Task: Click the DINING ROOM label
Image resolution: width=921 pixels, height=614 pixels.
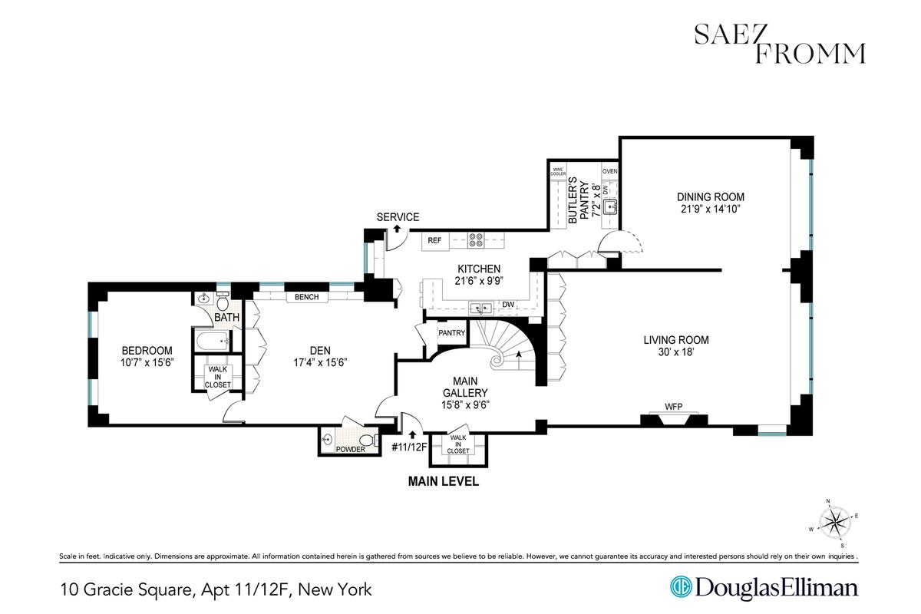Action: click(x=711, y=197)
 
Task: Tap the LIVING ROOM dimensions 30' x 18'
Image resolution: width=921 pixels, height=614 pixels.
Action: click(x=676, y=352)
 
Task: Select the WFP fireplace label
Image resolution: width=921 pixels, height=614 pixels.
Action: click(x=674, y=407)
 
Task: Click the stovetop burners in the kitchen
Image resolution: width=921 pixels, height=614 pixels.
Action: click(x=476, y=240)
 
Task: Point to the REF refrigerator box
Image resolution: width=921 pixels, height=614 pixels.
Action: click(x=435, y=241)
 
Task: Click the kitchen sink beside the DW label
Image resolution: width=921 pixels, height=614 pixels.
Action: click(x=481, y=308)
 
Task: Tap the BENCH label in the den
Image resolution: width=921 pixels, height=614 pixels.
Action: click(x=307, y=297)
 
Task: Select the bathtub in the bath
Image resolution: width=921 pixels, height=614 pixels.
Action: click(x=213, y=341)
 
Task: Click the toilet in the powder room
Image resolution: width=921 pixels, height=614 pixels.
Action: click(x=371, y=441)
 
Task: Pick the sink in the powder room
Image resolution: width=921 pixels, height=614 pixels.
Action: click(x=327, y=440)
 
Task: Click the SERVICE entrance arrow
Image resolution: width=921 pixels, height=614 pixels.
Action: click(x=398, y=229)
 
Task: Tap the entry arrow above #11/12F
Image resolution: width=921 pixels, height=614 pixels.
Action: click(x=412, y=434)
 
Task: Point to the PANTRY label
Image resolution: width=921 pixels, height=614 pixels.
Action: click(x=451, y=332)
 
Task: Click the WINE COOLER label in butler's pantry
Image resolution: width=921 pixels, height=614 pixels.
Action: click(x=558, y=171)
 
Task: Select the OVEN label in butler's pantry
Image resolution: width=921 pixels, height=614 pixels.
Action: click(x=609, y=171)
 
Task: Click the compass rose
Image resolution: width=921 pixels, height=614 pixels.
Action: click(x=834, y=523)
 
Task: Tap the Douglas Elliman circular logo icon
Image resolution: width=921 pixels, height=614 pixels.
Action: click(x=681, y=587)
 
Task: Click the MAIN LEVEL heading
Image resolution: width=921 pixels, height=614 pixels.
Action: click(x=444, y=481)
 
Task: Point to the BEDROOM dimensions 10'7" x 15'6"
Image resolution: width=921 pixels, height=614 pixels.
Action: click(x=147, y=362)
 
